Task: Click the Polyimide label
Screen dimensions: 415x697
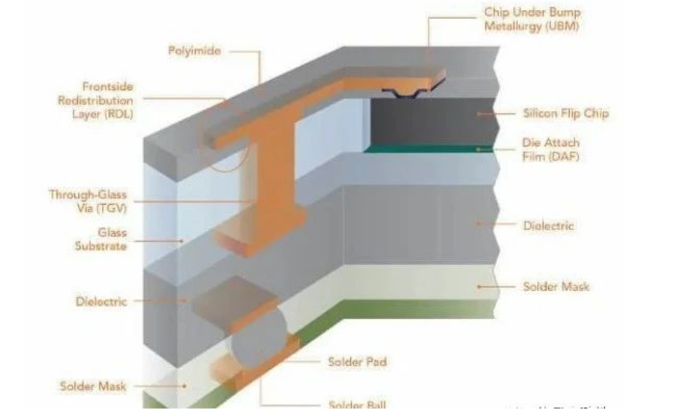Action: [194, 51]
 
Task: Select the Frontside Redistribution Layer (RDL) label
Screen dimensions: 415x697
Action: [96, 100]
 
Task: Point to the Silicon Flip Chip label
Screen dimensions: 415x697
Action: [565, 113]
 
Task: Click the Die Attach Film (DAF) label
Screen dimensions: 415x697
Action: [550, 150]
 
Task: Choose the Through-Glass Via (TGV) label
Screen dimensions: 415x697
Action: [88, 201]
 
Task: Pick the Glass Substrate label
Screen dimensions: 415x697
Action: [101, 240]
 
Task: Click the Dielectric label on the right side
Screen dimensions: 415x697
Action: [549, 226]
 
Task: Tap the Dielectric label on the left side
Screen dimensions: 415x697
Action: [102, 301]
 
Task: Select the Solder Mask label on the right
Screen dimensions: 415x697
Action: [556, 287]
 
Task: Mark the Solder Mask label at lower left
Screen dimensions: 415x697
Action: [93, 386]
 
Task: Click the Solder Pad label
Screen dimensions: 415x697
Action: [357, 361]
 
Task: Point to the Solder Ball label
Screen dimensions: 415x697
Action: [357, 405]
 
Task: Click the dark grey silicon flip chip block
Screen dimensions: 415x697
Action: [425, 121]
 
